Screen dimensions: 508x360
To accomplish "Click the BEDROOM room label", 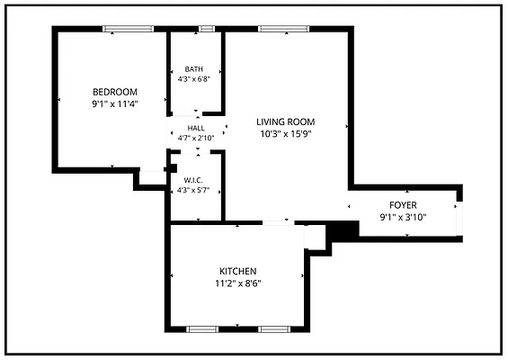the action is click(x=115, y=92).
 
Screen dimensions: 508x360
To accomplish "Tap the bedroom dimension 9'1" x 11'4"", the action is click(x=115, y=104).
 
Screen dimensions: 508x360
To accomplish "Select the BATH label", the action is click(x=194, y=69).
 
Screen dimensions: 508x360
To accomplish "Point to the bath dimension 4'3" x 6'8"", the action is click(x=194, y=79).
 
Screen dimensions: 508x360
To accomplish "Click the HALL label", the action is click(x=196, y=128).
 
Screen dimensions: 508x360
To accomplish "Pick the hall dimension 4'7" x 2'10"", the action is click(x=196, y=139).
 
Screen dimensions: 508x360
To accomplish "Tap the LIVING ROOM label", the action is click(x=286, y=121).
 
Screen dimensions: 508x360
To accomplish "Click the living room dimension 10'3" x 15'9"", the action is click(x=286, y=134).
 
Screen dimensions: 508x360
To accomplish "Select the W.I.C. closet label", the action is click(x=193, y=180).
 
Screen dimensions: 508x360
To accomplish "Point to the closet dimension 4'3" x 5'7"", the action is click(x=193, y=191).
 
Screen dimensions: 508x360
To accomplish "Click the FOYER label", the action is click(x=403, y=205).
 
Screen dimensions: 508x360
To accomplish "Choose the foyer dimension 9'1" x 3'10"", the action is click(x=403, y=217).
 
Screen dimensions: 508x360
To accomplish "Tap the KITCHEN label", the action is click(x=238, y=271).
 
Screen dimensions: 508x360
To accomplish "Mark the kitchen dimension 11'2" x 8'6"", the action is click(x=238, y=283).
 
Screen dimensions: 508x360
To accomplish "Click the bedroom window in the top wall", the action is click(x=129, y=29).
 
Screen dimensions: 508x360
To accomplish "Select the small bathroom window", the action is click(x=207, y=29).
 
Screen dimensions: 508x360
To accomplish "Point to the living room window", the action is click(x=284, y=29).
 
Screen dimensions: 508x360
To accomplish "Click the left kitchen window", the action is click(x=202, y=329).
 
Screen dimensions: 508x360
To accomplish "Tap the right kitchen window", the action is click(x=274, y=329).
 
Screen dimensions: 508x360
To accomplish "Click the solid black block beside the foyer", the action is click(x=343, y=231).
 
